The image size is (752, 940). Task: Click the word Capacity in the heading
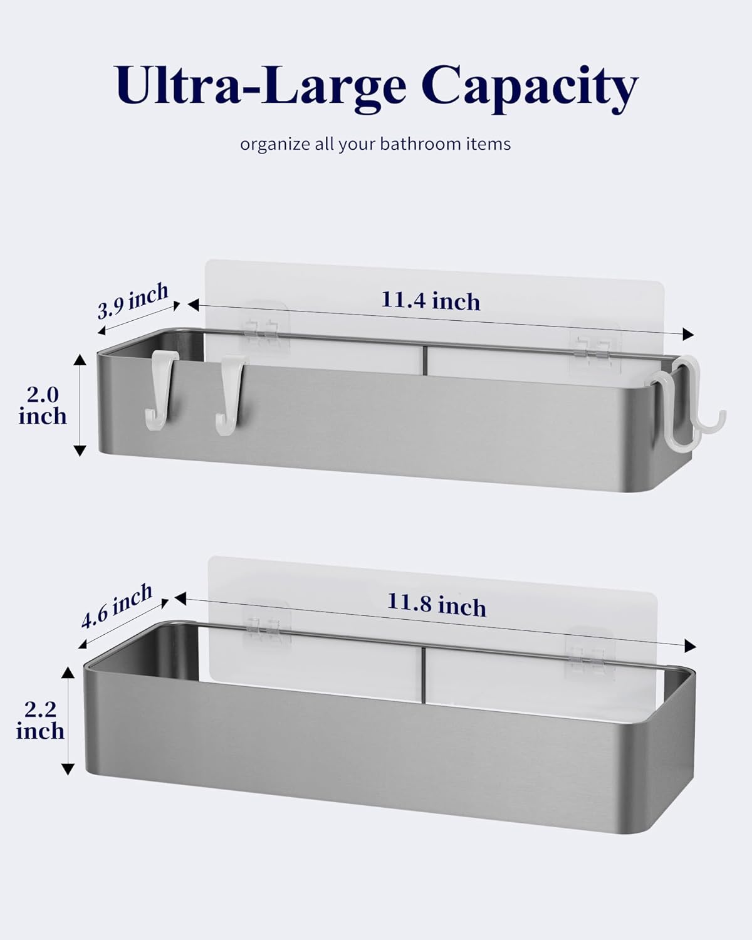tap(530, 90)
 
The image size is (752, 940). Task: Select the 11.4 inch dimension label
tap(431, 301)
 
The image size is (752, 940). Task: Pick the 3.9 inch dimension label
tap(132, 300)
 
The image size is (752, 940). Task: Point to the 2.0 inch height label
tap(43, 406)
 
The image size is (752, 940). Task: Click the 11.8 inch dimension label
tap(437, 605)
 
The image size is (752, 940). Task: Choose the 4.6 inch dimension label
tap(117, 605)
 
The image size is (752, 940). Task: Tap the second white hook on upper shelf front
tap(230, 390)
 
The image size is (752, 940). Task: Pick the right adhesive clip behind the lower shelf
tap(591, 653)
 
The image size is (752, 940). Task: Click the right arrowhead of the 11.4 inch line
tap(688, 334)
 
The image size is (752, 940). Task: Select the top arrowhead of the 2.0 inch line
tap(80, 360)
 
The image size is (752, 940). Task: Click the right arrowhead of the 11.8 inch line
tap(690, 645)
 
